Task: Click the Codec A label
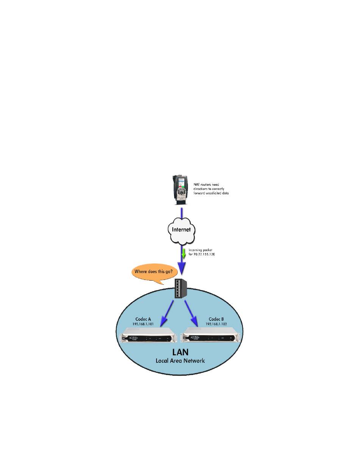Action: [143, 319]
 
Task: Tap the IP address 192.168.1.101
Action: [143, 325]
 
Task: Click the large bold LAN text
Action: [180, 351]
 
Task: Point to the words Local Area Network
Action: [180, 360]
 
